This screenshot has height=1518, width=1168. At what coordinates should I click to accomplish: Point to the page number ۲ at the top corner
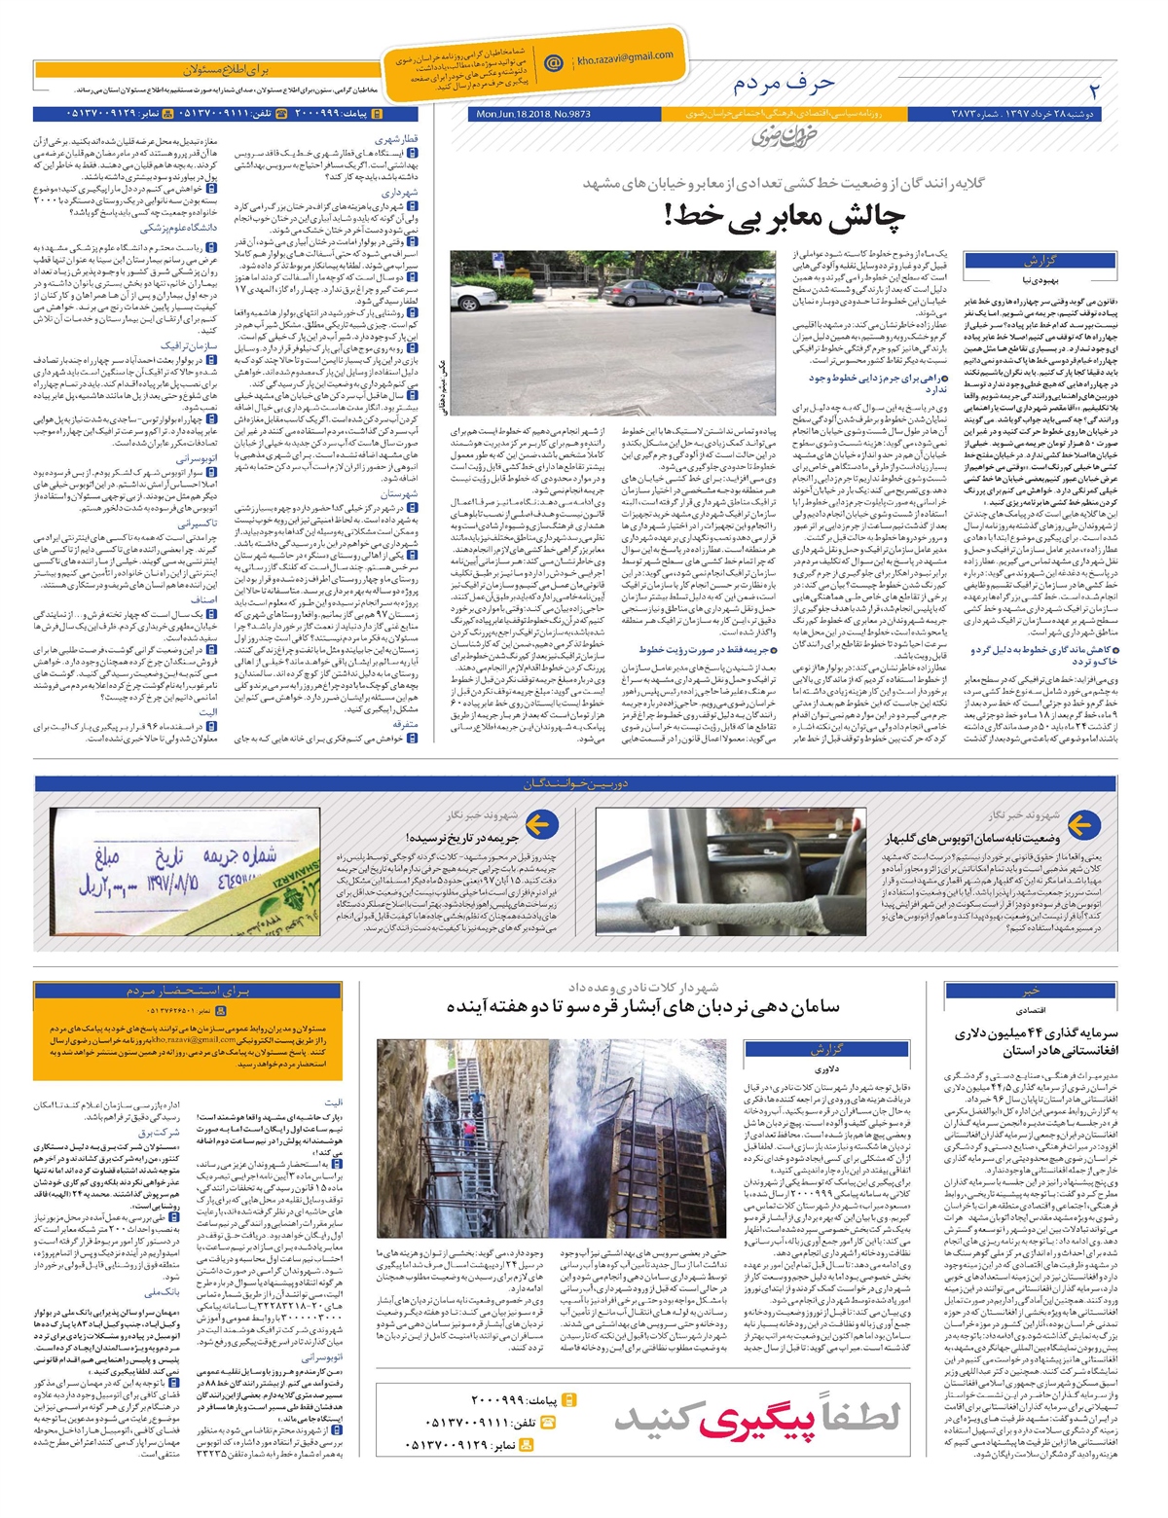click(x=1094, y=92)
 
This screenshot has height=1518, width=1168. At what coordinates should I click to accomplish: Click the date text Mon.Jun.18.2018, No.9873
click(x=533, y=115)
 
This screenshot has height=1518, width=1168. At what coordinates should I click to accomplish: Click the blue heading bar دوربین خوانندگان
click(x=576, y=783)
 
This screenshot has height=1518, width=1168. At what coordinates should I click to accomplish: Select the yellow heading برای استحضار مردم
click(x=188, y=991)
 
